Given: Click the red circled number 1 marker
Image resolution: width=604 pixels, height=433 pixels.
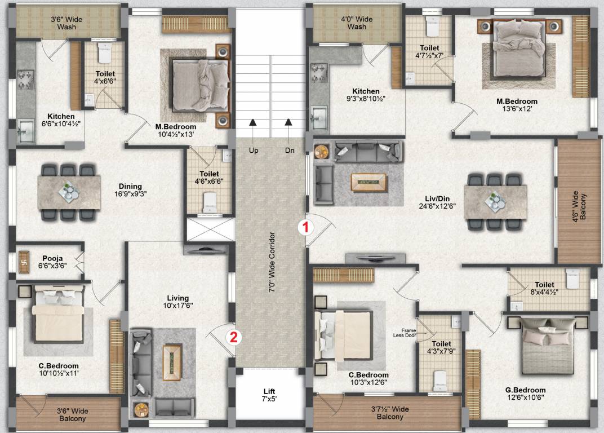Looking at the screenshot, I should [x=305, y=228].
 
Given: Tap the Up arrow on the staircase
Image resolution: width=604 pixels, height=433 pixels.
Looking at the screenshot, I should [x=253, y=122].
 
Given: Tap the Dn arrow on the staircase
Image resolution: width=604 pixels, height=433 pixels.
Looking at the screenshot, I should [x=289, y=122].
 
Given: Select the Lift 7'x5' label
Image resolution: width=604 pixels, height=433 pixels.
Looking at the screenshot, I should [x=269, y=395].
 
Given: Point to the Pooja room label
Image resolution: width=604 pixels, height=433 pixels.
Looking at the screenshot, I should [x=52, y=260].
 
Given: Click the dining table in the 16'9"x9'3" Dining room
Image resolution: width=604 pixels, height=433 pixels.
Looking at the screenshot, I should [x=69, y=192].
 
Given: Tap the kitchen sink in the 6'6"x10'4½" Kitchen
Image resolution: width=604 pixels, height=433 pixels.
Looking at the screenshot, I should [x=25, y=133].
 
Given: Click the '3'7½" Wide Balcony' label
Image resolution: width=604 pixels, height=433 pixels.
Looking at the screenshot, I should [x=389, y=413].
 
